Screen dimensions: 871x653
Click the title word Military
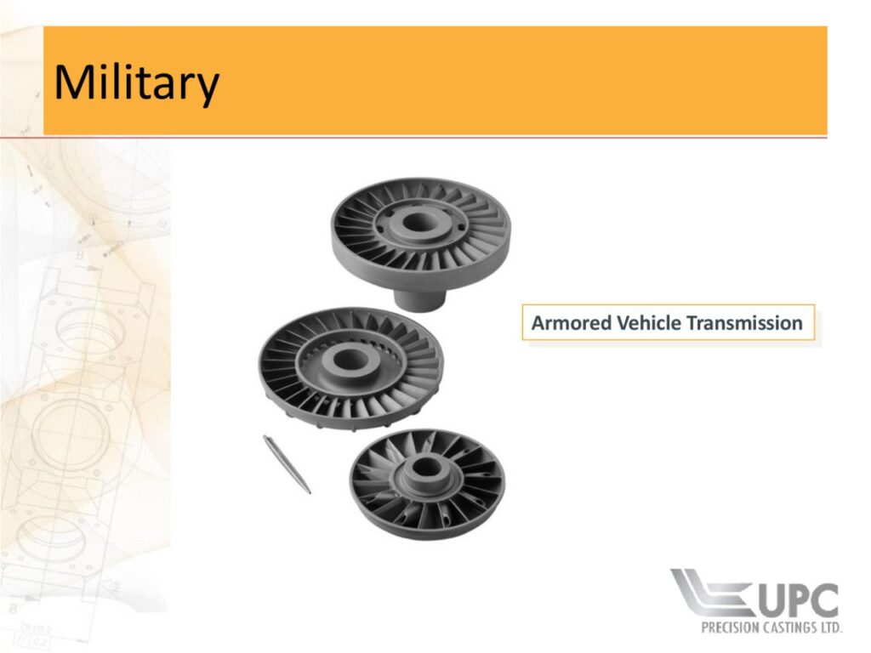coord(136,83)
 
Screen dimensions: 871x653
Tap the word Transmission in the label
coord(744,322)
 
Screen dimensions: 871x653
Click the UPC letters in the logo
coord(798,600)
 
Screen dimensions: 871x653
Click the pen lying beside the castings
coord(287,464)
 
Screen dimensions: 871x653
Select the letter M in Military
coord(75,82)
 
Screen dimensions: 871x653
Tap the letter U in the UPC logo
coord(772,600)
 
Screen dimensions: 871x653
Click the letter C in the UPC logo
coord(825,600)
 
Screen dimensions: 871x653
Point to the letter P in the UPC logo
coord(800,600)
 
